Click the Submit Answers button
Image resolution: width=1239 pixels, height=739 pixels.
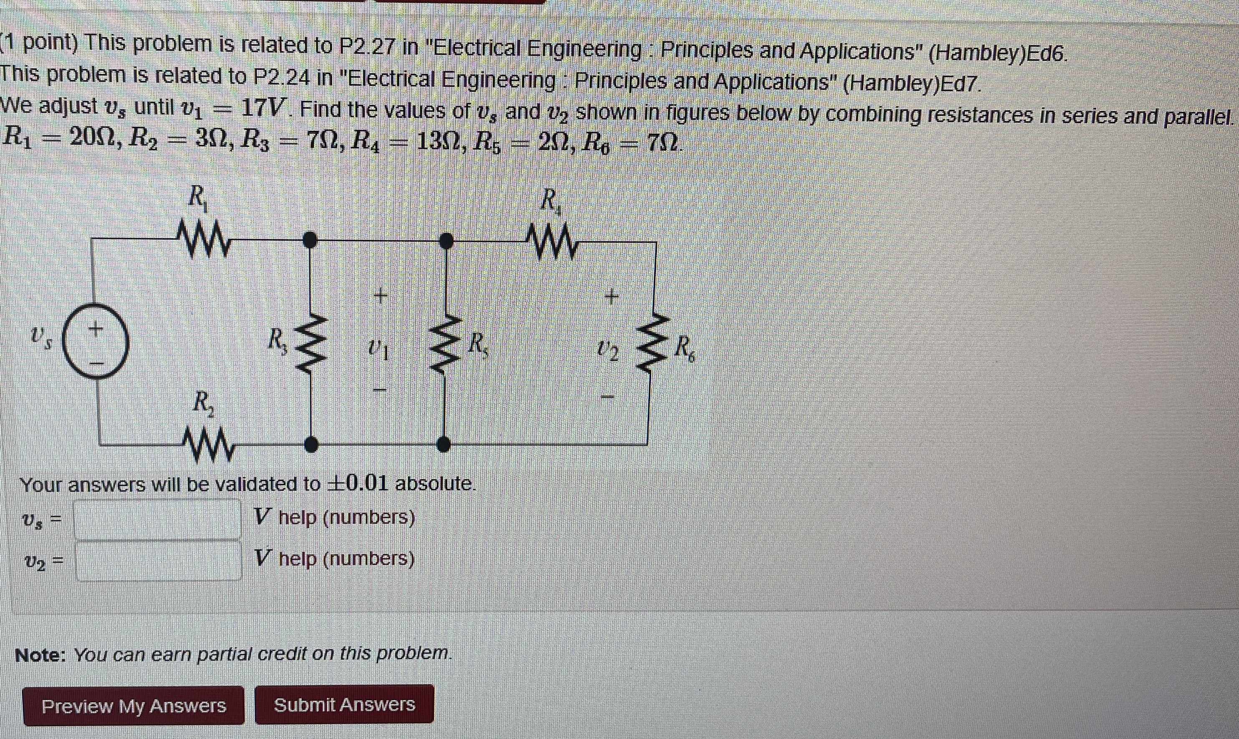[x=344, y=704]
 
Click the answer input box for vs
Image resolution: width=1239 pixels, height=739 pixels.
[x=158, y=519]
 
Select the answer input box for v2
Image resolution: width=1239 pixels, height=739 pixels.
[x=159, y=560]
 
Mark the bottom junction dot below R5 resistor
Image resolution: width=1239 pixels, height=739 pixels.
[x=443, y=444]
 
